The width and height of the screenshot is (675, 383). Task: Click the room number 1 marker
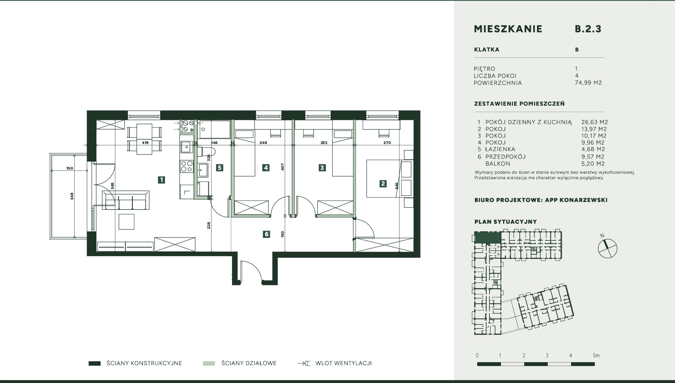coord(161,180)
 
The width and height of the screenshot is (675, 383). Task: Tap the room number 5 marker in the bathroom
coord(220,168)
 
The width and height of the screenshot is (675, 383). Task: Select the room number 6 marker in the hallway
coord(266,234)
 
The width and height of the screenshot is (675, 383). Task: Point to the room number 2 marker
coord(383,184)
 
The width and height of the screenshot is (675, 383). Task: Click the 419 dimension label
coord(145,143)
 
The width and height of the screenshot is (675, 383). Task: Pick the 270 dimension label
coord(387,143)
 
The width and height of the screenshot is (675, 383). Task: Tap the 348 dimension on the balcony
coord(72,196)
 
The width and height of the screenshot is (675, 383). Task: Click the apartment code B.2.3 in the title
coord(588,29)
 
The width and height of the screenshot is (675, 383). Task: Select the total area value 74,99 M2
coord(588,83)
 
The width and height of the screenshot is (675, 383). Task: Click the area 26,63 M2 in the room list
coord(595,122)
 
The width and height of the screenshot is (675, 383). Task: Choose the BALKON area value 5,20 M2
coord(593,164)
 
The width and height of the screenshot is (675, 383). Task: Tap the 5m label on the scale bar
coord(596,356)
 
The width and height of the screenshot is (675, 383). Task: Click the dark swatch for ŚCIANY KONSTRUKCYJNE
coord(94,363)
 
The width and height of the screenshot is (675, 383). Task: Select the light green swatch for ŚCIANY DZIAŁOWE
coord(209,363)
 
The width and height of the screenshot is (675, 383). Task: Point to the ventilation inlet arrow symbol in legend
coord(304,363)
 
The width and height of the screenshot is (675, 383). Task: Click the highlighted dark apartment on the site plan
coord(488,237)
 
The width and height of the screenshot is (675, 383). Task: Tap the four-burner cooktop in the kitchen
coord(186,166)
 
